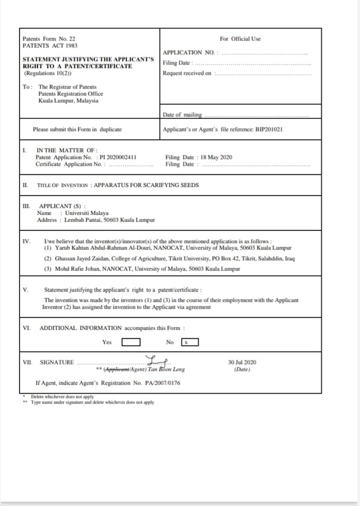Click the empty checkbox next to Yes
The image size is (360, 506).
tap(131, 342)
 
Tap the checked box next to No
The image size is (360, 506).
tap(190, 342)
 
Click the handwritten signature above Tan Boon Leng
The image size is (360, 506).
tap(156, 360)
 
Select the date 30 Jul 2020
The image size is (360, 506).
tap(242, 362)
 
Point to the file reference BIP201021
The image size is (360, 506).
tap(269, 129)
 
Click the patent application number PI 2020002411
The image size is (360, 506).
tap(117, 157)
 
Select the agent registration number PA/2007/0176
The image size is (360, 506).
tap(160, 383)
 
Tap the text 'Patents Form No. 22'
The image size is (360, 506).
tap(49, 39)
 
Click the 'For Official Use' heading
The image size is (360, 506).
tap(240, 39)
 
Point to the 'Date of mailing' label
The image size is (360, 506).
tap(182, 115)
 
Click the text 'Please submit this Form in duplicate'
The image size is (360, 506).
tap(77, 129)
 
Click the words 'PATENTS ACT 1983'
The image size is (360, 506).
tap(50, 46)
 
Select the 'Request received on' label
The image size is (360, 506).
tap(187, 73)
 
